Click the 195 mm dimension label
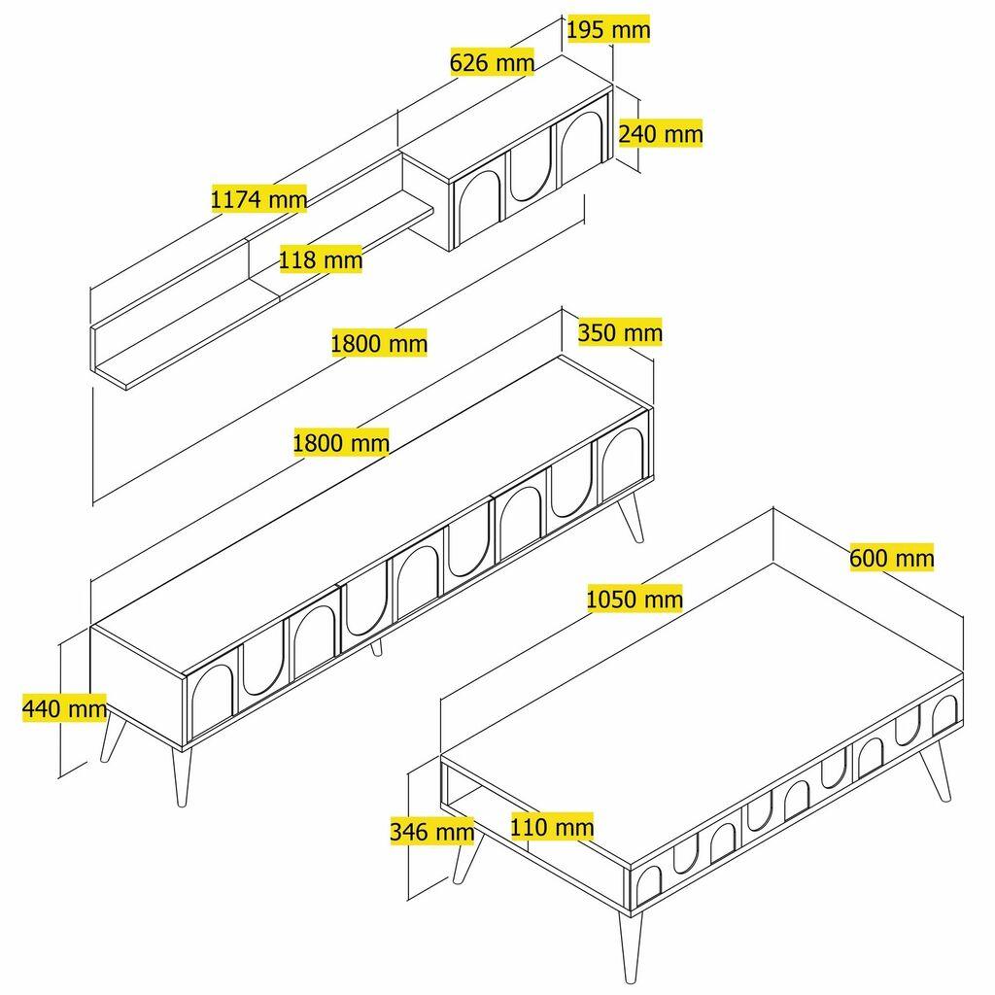tap(608, 30)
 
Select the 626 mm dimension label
tap(493, 63)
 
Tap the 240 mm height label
tap(660, 133)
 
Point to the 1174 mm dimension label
tap(258, 200)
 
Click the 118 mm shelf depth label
tap(320, 259)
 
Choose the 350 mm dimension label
tap(620, 333)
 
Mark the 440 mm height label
tap(64, 708)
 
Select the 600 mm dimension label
tap(891, 558)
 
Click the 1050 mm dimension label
tap(635, 599)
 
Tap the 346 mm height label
tap(431, 832)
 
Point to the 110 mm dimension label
tap(552, 827)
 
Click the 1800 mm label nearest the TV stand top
tap(341, 443)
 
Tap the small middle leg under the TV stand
tap(376, 646)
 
